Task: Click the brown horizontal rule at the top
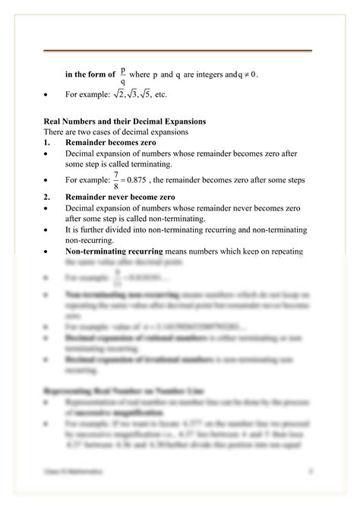click(178, 50)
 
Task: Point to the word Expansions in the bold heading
click(183, 122)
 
